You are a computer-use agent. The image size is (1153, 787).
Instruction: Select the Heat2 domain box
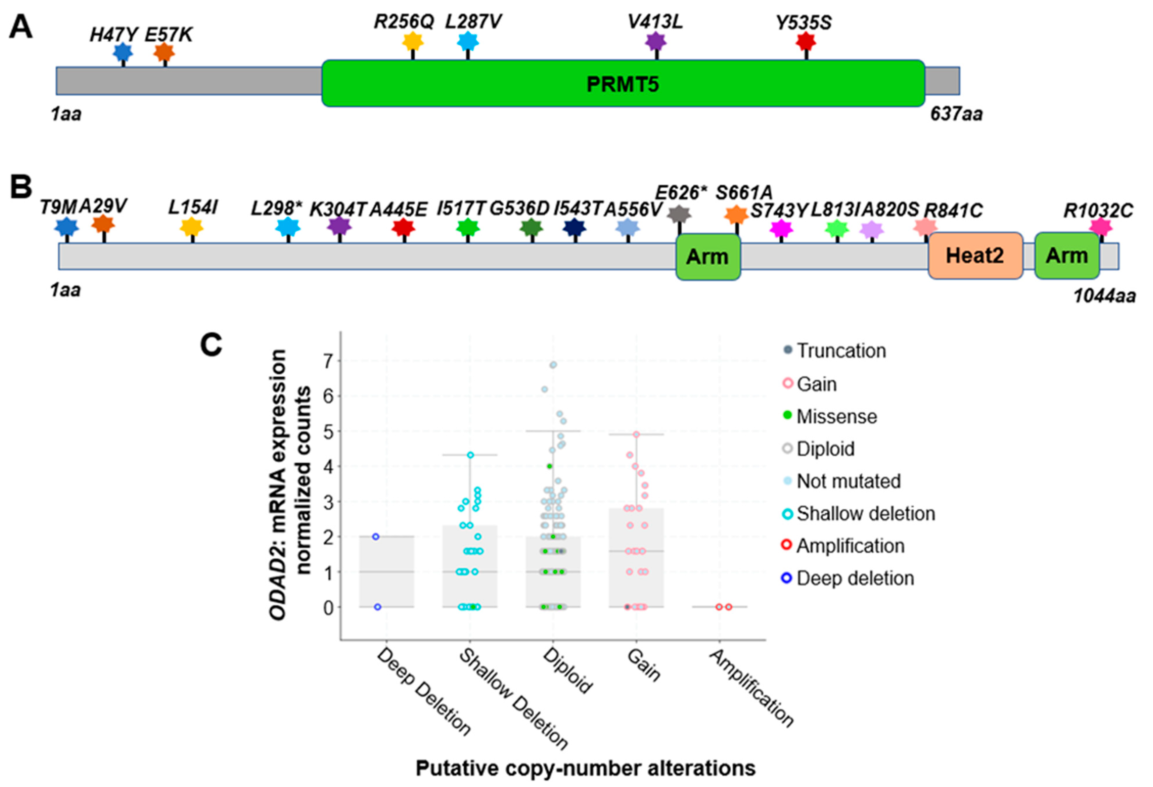(x=975, y=256)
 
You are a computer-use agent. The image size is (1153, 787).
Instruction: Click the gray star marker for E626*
(x=679, y=215)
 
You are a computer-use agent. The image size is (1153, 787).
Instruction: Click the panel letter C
(x=211, y=344)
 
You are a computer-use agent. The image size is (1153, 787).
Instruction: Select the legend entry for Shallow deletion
(x=865, y=513)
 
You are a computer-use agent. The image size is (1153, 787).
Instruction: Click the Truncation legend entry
(x=841, y=350)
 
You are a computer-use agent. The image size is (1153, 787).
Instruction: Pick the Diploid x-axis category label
(x=567, y=671)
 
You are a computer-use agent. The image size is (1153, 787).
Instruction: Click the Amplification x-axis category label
(x=752, y=688)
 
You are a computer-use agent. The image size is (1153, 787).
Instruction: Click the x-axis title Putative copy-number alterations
(x=586, y=768)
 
